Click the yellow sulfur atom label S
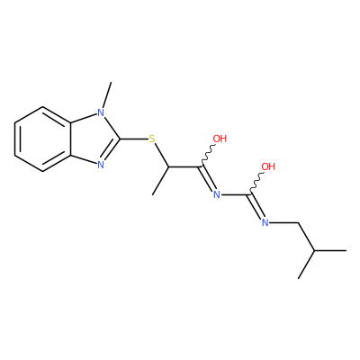(x=152, y=139)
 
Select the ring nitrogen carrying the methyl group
(x=101, y=112)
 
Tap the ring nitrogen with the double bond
(x=101, y=165)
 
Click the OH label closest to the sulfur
(x=220, y=139)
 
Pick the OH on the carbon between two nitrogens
(x=268, y=166)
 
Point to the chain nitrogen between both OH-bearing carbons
(x=217, y=194)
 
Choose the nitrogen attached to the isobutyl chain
(x=265, y=222)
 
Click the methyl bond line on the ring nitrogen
(x=107, y=95)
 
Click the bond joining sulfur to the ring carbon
(x=134, y=139)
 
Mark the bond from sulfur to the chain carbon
(x=161, y=155)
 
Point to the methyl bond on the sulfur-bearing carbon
(x=160, y=181)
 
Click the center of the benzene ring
(x=43, y=139)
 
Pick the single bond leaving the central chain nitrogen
(x=234, y=195)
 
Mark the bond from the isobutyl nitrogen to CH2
(x=283, y=222)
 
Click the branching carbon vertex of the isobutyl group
(x=314, y=250)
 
